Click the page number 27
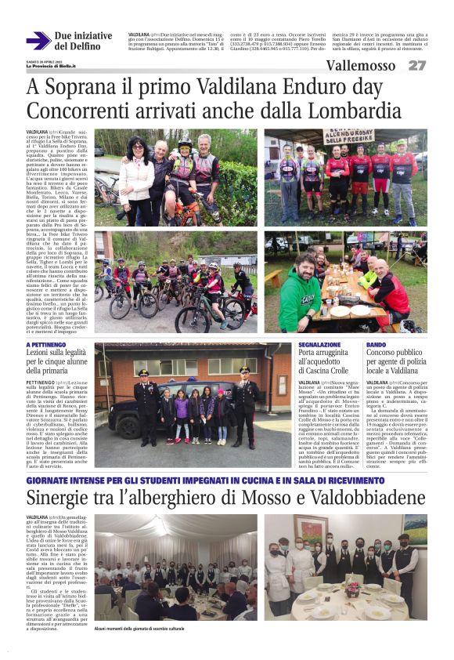point(417,65)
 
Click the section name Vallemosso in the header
point(362,65)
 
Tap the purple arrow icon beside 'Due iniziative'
point(38,41)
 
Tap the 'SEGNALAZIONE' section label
point(319,345)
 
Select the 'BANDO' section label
point(376,345)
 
